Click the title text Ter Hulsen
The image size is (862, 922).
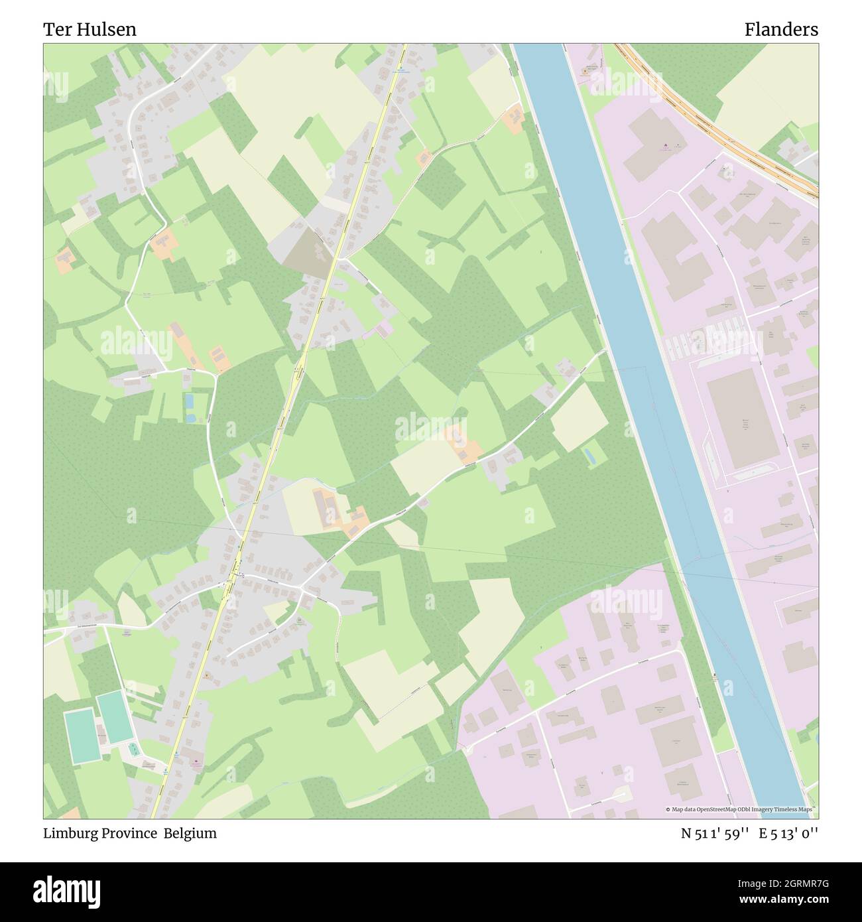(90, 29)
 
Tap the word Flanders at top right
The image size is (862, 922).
(780, 29)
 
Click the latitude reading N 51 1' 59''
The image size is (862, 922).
(715, 833)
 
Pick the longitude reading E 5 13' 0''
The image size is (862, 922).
(788, 833)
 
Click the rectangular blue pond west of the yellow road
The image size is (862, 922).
(190, 401)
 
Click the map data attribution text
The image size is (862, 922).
(741, 809)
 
